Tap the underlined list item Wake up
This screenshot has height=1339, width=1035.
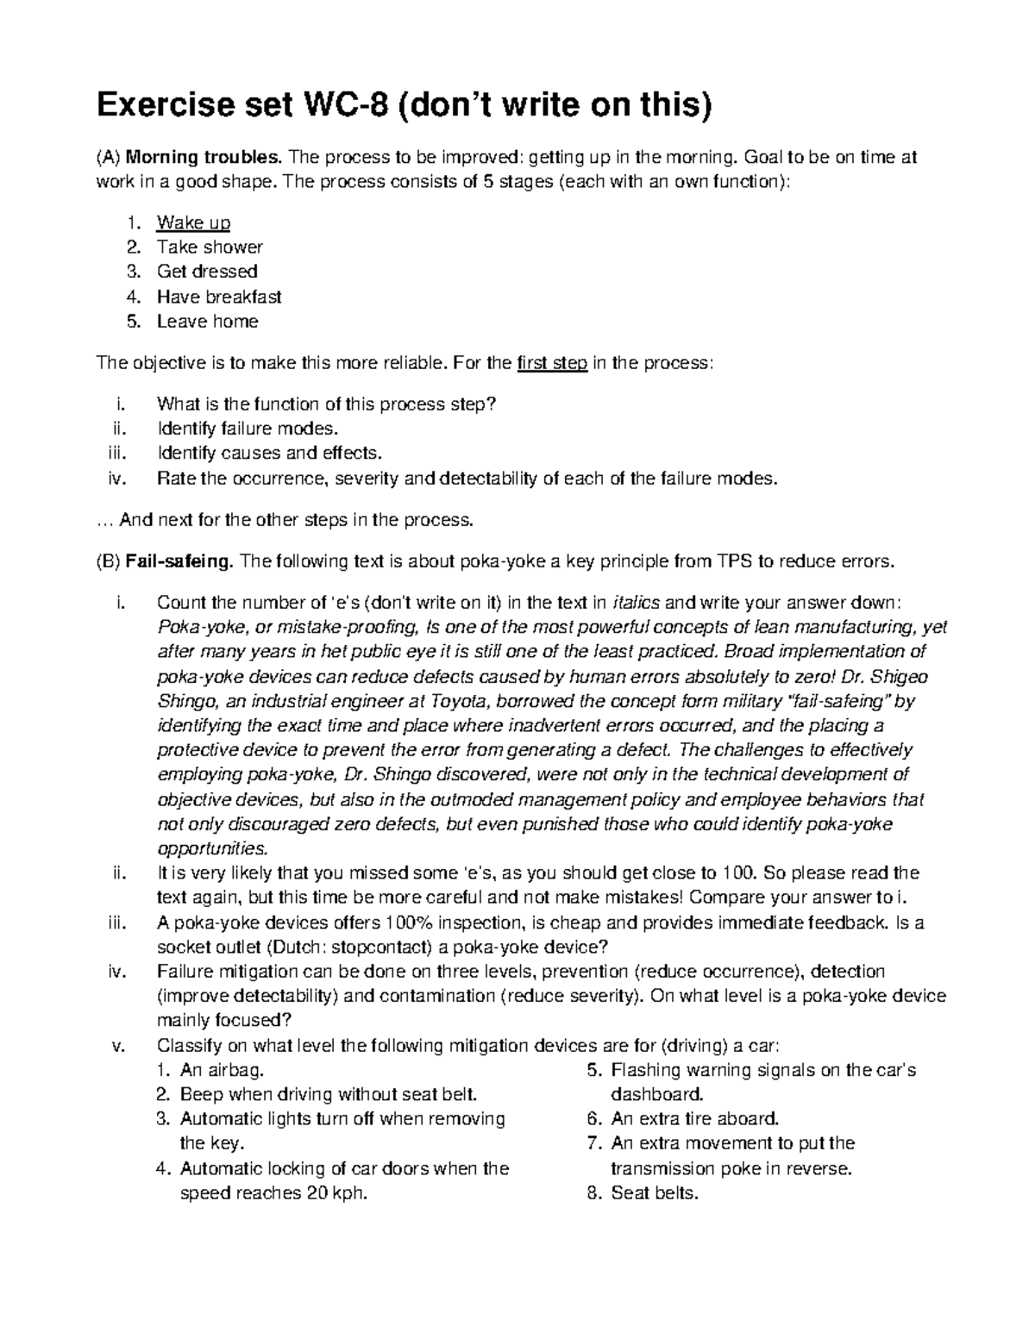coord(193,222)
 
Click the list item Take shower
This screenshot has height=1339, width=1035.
coord(210,247)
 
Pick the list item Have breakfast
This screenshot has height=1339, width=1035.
coord(219,297)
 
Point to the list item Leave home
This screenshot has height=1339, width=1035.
coord(207,322)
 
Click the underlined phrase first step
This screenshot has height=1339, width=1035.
coord(552,363)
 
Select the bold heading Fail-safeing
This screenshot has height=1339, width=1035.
coord(179,562)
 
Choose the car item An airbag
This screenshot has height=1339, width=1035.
coord(219,1071)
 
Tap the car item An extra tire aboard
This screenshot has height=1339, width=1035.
coord(694,1119)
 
